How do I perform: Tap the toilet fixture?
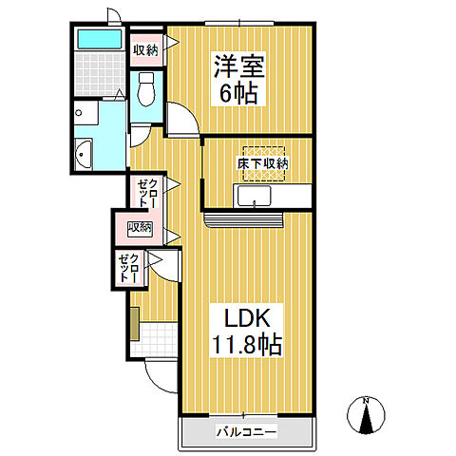[x=146, y=91]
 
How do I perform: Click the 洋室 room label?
[x=238, y=66]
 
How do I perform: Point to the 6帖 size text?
[x=238, y=94]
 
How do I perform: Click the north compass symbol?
[x=366, y=414]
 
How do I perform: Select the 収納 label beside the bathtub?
[x=144, y=49]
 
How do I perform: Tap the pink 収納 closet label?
[x=140, y=226]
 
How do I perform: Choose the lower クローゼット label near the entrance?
[x=130, y=269]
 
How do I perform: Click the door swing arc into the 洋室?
[x=183, y=119]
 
